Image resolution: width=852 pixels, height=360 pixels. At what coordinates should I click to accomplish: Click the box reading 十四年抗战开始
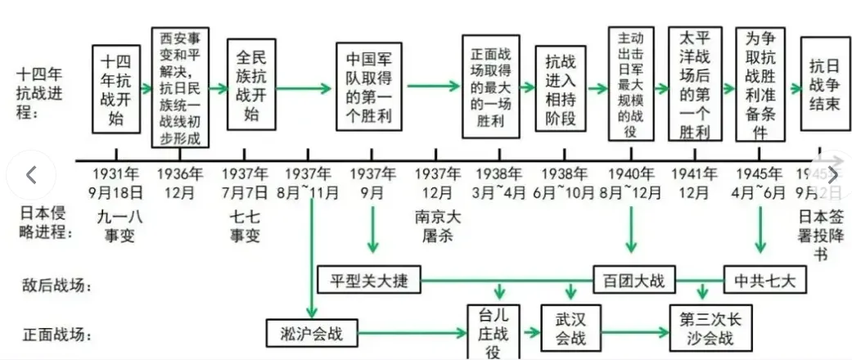[116, 89]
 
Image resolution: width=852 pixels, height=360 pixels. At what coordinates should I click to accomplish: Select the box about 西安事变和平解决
[181, 87]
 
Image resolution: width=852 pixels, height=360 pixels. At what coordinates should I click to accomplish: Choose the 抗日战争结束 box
[824, 83]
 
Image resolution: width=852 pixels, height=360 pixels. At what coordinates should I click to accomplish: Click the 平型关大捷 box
[369, 281]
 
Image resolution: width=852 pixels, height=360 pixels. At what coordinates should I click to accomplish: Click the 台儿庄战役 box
[493, 332]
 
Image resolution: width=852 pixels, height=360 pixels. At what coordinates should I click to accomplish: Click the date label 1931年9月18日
[116, 183]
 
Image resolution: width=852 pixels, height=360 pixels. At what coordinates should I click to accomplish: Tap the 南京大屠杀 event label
[441, 227]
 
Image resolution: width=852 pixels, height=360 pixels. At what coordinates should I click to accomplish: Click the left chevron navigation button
[31, 175]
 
